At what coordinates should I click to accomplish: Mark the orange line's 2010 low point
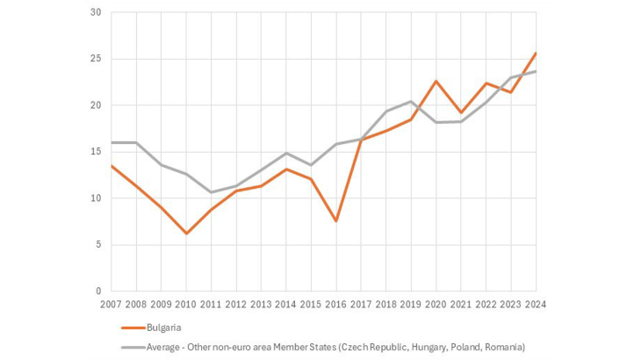[x=186, y=234]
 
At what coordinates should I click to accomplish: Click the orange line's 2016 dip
[x=336, y=221]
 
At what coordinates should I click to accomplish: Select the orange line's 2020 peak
[x=436, y=81]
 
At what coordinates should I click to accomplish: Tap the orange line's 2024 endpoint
[x=537, y=53]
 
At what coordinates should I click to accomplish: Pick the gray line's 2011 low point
[x=211, y=192]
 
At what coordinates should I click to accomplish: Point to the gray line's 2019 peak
[x=411, y=101]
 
